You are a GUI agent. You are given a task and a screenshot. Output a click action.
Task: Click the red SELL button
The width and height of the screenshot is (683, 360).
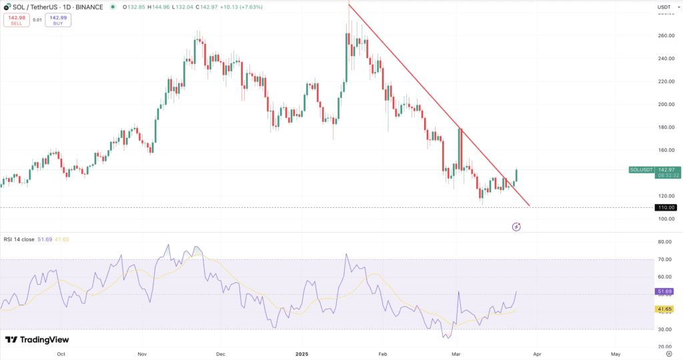16,20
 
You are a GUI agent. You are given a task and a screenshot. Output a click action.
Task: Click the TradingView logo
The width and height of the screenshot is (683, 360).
37,340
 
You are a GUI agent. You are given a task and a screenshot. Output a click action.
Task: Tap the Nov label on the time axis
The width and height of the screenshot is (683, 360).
141,354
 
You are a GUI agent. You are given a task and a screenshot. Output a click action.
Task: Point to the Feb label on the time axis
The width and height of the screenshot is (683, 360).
382,354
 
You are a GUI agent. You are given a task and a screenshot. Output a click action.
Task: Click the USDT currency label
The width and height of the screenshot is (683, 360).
664,7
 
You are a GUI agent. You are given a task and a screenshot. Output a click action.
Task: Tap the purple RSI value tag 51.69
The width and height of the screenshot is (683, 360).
664,291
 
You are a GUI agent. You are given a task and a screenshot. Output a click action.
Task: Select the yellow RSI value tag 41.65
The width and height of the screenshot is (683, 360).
664,309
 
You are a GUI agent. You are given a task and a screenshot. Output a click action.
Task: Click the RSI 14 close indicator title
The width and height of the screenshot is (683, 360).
20,239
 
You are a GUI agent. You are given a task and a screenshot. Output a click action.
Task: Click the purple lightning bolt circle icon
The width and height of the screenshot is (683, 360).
516,227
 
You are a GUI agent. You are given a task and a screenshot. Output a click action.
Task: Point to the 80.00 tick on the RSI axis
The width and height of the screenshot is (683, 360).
664,242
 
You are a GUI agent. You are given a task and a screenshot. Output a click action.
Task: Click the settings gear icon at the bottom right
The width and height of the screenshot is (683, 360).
668,354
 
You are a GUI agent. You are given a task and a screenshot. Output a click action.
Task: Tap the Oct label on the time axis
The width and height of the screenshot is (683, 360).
62,354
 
